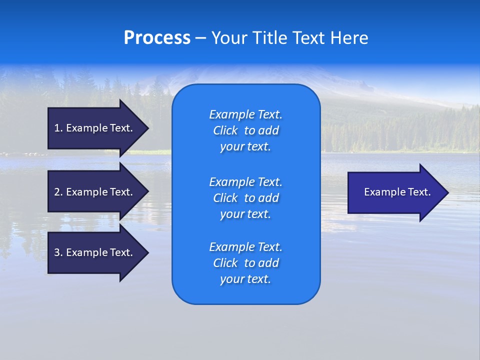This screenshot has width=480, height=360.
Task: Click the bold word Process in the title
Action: (x=157, y=38)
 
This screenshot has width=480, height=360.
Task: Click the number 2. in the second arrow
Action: (x=58, y=192)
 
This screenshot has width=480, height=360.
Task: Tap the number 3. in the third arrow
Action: (x=58, y=252)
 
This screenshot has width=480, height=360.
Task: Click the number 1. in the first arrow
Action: (x=58, y=128)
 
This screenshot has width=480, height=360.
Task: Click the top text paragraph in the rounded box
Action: (x=245, y=130)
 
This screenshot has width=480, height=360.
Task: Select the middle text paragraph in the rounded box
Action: (x=245, y=198)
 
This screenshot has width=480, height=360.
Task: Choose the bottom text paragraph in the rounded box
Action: (x=245, y=263)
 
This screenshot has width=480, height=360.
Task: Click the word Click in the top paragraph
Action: (x=225, y=130)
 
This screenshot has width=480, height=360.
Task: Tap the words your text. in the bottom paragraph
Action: (x=245, y=279)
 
